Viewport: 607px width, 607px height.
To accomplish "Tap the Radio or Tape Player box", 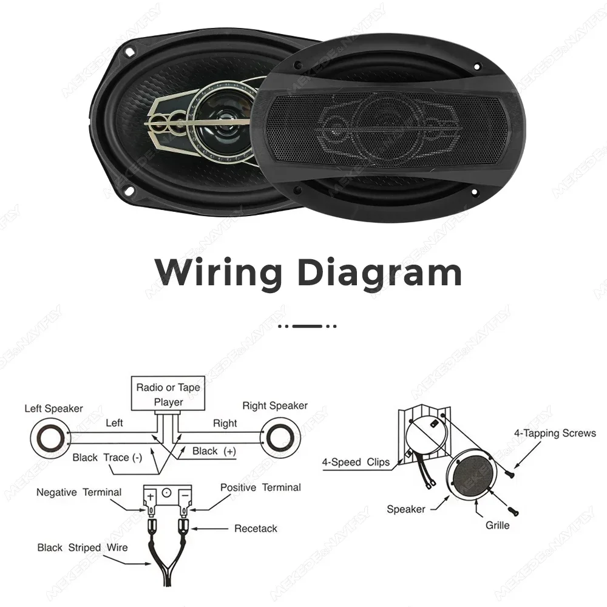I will tap(168, 394).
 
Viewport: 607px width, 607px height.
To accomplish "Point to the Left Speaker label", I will tap(53, 408).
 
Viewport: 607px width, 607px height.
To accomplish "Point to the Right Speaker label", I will tap(275, 405).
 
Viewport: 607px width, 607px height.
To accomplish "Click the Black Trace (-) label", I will tap(107, 458).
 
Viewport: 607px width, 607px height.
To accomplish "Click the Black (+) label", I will tap(214, 451).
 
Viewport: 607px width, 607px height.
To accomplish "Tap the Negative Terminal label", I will tap(79, 492).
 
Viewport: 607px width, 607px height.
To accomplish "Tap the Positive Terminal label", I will tap(260, 487).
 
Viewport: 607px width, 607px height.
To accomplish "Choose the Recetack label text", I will tap(256, 529).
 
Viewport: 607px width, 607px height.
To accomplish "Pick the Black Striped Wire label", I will tap(83, 548).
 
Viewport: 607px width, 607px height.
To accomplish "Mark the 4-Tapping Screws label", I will tap(555, 433).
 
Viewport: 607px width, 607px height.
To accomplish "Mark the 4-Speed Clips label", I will tap(355, 462).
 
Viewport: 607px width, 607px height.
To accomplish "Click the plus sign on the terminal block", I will tap(149, 493).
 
